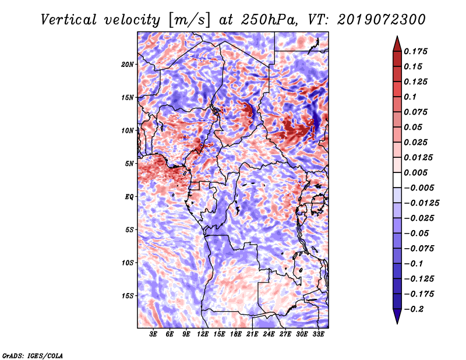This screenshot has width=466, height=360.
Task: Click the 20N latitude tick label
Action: coord(128,64)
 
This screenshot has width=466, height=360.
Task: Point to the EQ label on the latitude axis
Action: coord(129,197)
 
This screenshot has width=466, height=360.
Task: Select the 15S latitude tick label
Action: coord(128,296)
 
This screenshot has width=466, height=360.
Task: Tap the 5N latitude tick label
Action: coord(129,164)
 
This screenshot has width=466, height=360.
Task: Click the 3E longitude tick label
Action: coord(153,335)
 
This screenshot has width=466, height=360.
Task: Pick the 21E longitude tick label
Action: coord(252,335)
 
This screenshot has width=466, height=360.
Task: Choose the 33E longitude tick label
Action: coord(318,335)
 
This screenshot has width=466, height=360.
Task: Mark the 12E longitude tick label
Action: coord(203,335)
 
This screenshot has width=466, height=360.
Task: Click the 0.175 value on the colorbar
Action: coord(417,51)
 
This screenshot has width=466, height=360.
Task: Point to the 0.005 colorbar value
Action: coord(417,172)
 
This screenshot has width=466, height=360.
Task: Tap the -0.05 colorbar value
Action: coord(419,233)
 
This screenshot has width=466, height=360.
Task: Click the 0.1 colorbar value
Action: coord(411,97)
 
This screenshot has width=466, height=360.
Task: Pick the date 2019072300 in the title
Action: coord(378,19)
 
